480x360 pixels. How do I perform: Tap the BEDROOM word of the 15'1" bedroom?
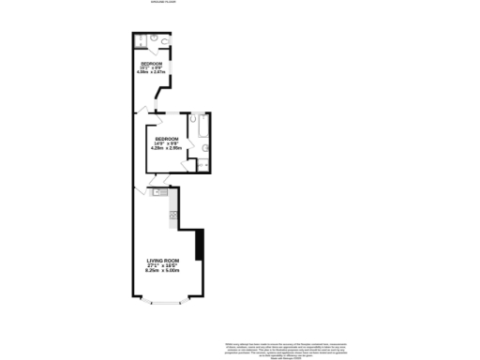152,63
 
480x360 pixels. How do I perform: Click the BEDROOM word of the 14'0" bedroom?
167,137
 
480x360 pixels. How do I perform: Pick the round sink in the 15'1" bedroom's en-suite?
152,38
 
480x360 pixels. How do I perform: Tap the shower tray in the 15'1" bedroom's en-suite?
140,40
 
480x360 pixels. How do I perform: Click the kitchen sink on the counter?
158,192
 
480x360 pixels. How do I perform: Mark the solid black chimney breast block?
198,246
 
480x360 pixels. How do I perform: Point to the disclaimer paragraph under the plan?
278,348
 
